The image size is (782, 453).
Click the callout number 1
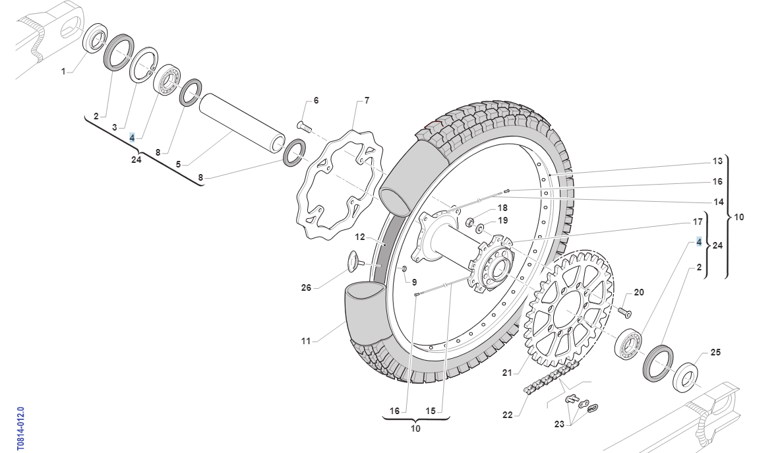[63, 72]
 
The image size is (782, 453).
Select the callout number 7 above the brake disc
[367, 101]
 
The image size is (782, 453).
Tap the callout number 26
[306, 288]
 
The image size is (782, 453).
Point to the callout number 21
[506, 373]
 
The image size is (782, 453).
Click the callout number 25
[715, 352]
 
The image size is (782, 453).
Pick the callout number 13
[717, 161]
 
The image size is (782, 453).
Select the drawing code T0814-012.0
[20, 429]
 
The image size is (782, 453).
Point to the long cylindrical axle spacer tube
[243, 123]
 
